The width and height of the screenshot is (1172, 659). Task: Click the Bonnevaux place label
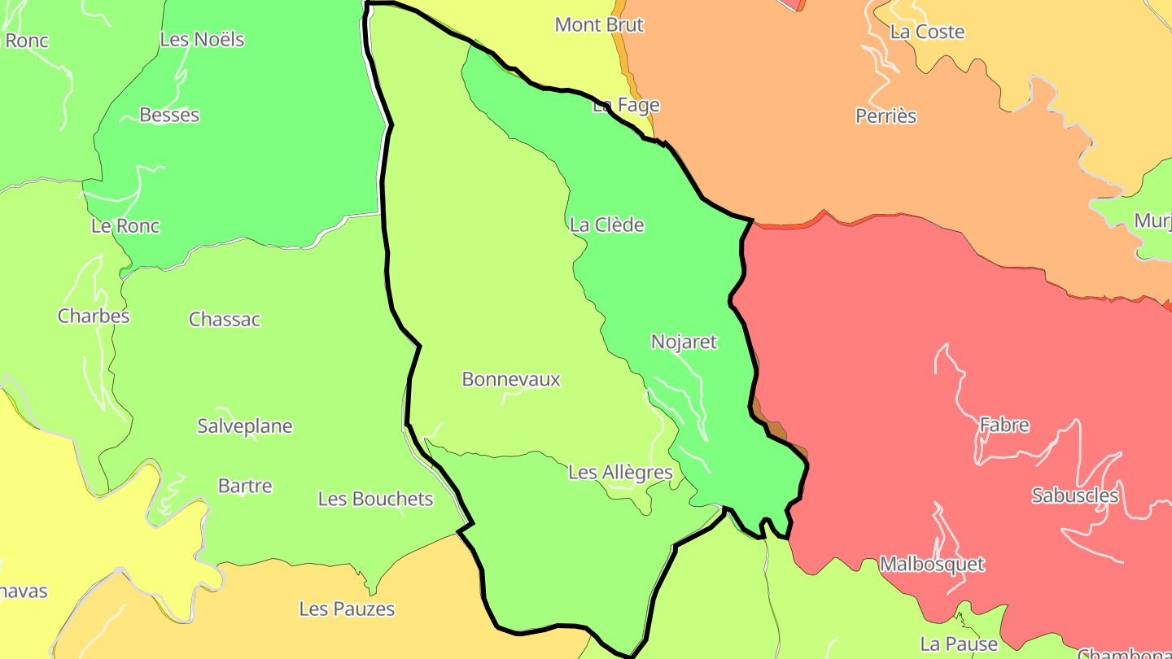[x=511, y=379]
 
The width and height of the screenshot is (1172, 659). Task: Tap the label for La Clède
[x=607, y=225]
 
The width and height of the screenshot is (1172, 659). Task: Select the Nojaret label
[x=684, y=342]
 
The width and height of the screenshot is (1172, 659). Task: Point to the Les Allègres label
[x=620, y=472]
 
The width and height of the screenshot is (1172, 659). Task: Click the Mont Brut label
[x=599, y=24]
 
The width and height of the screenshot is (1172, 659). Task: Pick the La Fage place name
[x=626, y=105]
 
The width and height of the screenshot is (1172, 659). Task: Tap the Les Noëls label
[x=202, y=39]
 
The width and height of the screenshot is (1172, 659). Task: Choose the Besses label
[x=169, y=115]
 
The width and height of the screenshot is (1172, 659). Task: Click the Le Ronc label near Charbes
[x=125, y=225]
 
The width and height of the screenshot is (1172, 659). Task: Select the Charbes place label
[x=94, y=316]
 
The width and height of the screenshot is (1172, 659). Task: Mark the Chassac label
[x=225, y=319]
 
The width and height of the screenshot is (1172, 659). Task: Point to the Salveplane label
[x=245, y=426]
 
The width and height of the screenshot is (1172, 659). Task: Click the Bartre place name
[x=245, y=486]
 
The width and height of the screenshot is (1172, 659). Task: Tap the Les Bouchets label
[x=376, y=499]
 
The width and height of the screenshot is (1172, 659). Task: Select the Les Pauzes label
[x=347, y=609]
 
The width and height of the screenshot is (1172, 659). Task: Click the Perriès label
[x=886, y=116]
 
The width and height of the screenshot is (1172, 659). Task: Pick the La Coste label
[x=927, y=32]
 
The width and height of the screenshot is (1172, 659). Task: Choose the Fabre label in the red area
[x=1004, y=425]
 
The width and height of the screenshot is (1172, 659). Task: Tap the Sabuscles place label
[x=1075, y=495]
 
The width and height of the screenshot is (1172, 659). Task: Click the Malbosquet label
[x=932, y=564]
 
